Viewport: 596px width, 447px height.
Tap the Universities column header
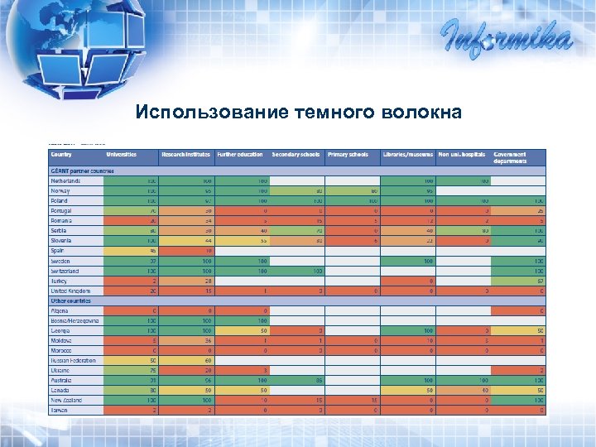121,155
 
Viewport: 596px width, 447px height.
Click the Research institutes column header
186,155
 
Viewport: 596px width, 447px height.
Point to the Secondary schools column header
296,155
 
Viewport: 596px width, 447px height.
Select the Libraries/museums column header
408,155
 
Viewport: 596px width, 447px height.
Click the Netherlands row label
66,180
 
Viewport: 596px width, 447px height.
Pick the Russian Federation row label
73,361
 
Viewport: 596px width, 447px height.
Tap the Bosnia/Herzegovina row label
74,320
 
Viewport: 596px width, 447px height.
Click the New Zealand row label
67,401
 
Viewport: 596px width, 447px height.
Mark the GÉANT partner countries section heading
82,171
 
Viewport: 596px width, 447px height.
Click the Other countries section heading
73,300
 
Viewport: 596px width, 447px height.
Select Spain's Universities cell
132,251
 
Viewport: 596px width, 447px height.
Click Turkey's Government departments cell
519,281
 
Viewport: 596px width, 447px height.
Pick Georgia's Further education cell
243,330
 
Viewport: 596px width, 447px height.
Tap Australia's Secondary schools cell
297,381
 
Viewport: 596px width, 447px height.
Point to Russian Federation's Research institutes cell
187,361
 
